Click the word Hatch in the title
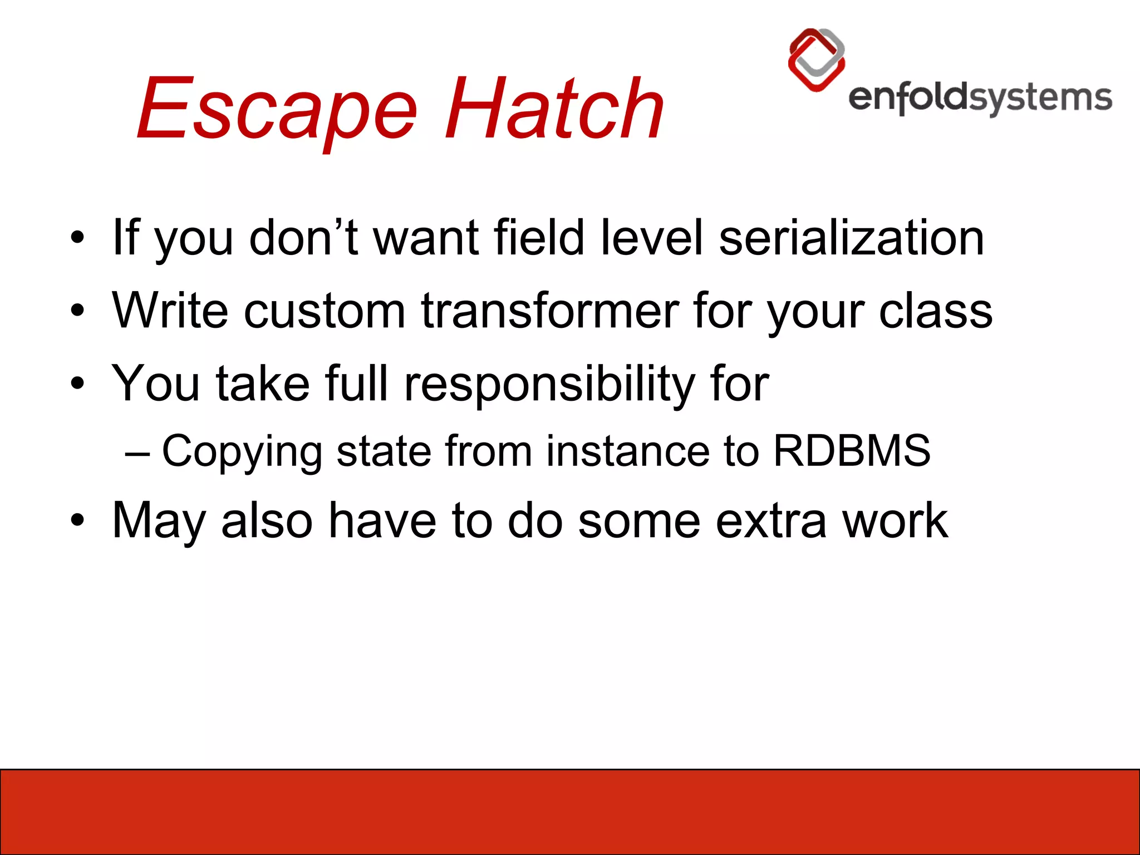[554, 109]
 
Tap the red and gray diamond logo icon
[817, 60]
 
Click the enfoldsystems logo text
[980, 99]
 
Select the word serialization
[851, 238]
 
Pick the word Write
[170, 311]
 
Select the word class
[935, 311]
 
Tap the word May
[159, 521]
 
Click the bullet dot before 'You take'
[77, 384]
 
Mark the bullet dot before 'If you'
[77, 238]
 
